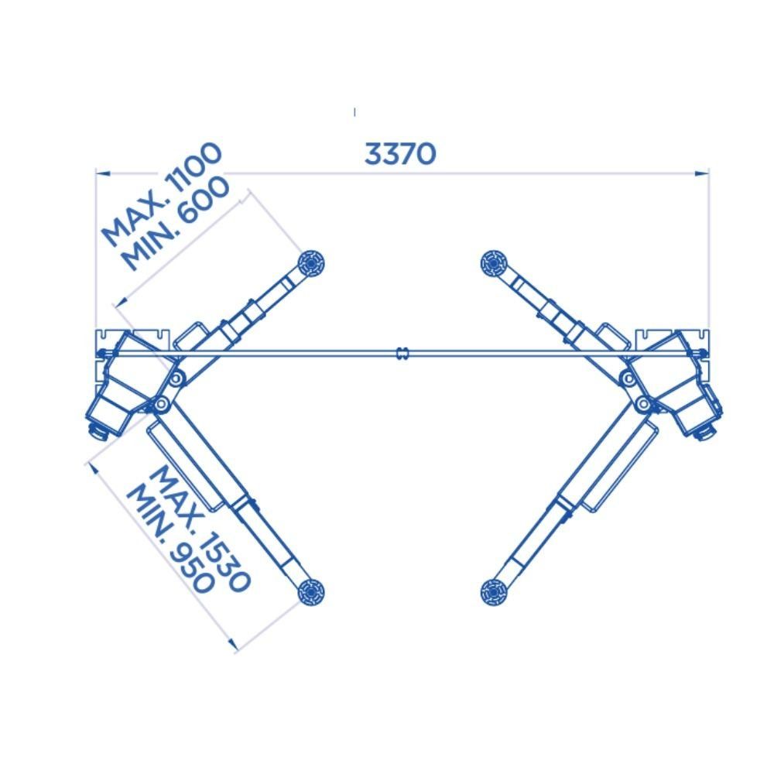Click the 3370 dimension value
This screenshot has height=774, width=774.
[400, 153]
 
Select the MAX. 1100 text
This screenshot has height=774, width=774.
[162, 194]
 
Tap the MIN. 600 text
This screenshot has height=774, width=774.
[176, 224]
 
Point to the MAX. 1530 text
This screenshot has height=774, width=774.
[200, 529]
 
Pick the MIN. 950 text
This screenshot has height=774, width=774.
[170, 540]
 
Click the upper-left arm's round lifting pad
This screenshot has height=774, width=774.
[312, 264]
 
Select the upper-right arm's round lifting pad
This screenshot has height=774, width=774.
[494, 264]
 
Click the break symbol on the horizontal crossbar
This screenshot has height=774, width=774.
[402, 353]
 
